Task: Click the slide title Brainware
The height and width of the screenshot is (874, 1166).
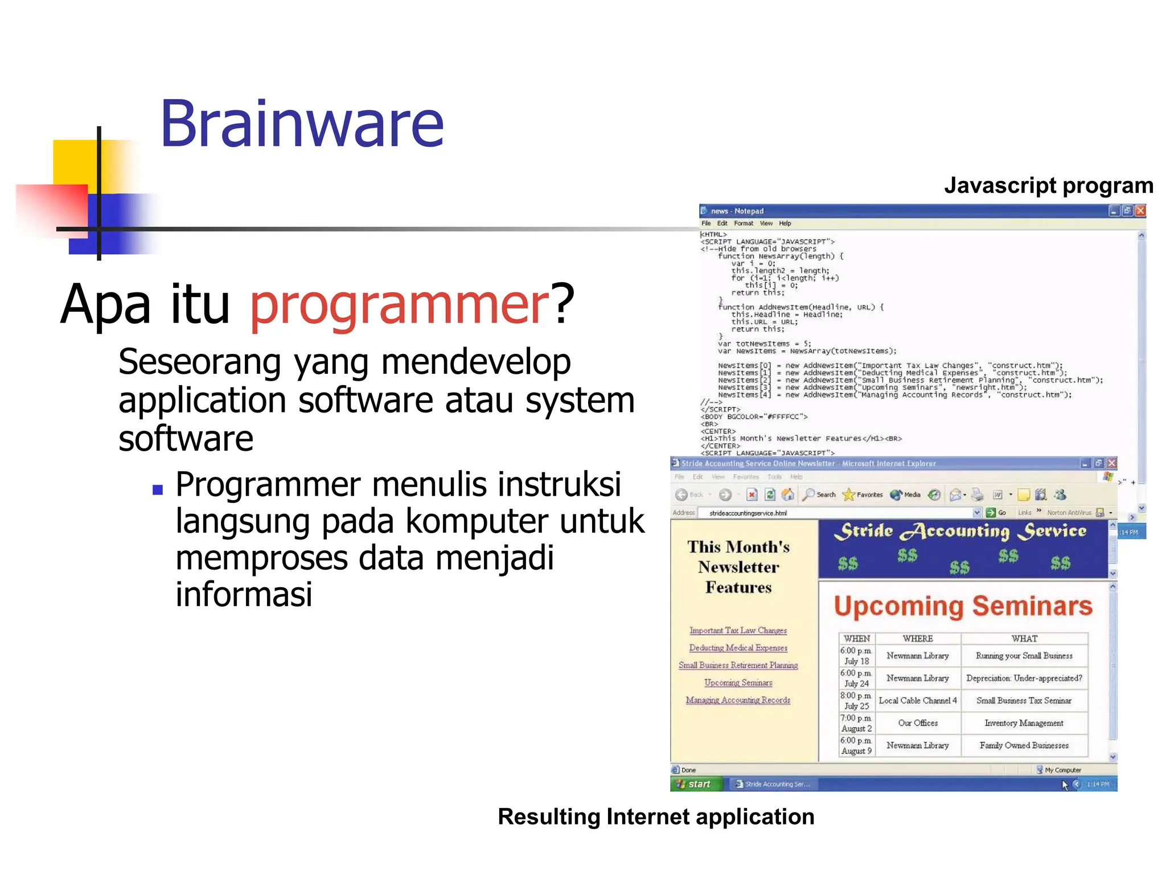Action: tap(302, 124)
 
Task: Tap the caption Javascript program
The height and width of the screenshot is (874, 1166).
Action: tap(1048, 186)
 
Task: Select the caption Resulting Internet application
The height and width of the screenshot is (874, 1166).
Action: tap(656, 817)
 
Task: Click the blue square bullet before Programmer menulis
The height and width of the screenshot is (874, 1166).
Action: tap(158, 489)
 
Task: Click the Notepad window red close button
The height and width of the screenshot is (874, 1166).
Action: tap(1140, 211)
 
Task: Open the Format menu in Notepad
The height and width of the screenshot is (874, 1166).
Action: tap(743, 224)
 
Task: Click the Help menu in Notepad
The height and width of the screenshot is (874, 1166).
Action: tap(785, 224)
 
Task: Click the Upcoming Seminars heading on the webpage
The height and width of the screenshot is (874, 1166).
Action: tap(963, 607)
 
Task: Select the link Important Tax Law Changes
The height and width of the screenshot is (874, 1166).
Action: tap(738, 630)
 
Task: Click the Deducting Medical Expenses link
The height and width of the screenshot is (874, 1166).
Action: tap(738, 648)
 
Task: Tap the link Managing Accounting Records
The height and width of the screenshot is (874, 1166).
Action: tap(738, 700)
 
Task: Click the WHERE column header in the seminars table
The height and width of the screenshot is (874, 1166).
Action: tap(917, 639)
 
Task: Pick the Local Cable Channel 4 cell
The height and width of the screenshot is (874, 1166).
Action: tap(917, 701)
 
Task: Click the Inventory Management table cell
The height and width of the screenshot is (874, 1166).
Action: tap(1024, 723)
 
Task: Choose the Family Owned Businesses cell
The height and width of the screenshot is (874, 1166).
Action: tap(1024, 745)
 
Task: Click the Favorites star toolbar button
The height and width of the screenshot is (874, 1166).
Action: tap(862, 495)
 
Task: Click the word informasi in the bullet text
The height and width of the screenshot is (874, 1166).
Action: tap(244, 595)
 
